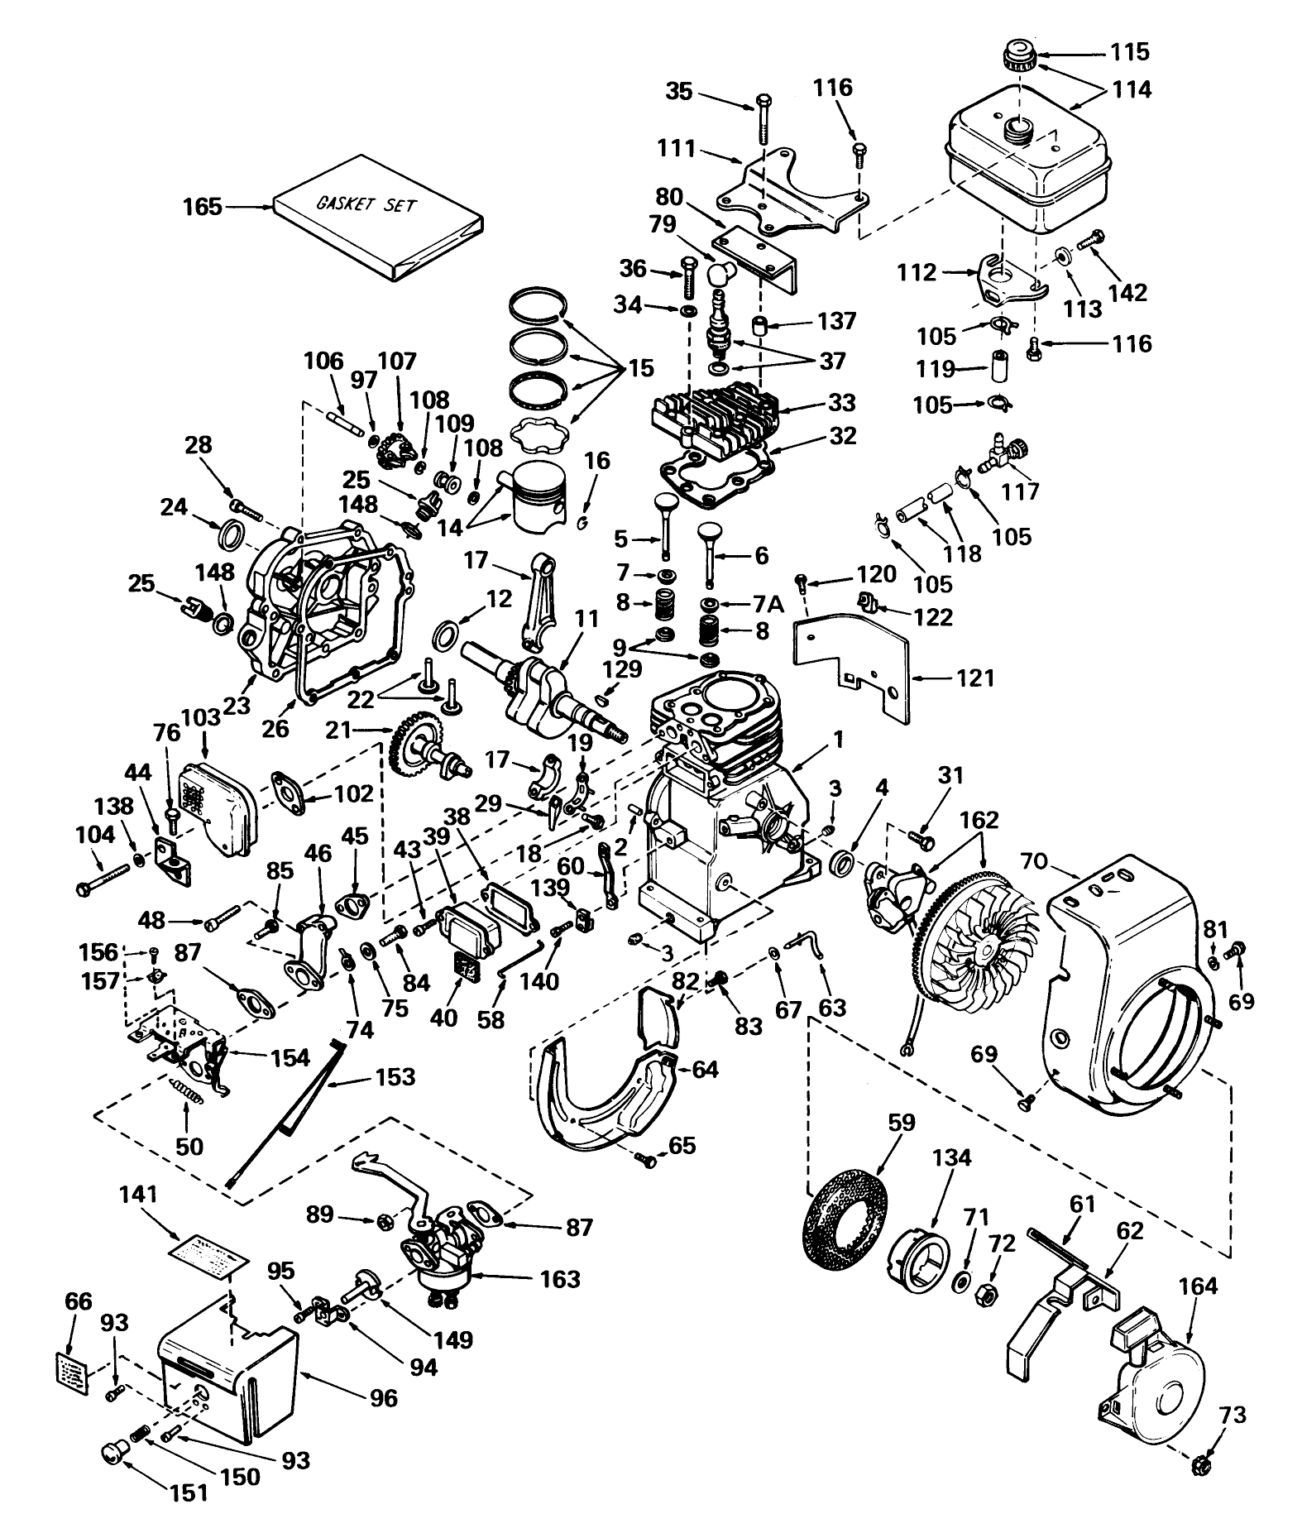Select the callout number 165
(202, 206)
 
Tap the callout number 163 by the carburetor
(559, 1278)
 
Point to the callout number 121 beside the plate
(975, 678)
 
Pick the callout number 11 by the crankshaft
(586, 618)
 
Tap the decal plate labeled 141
(213, 1253)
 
